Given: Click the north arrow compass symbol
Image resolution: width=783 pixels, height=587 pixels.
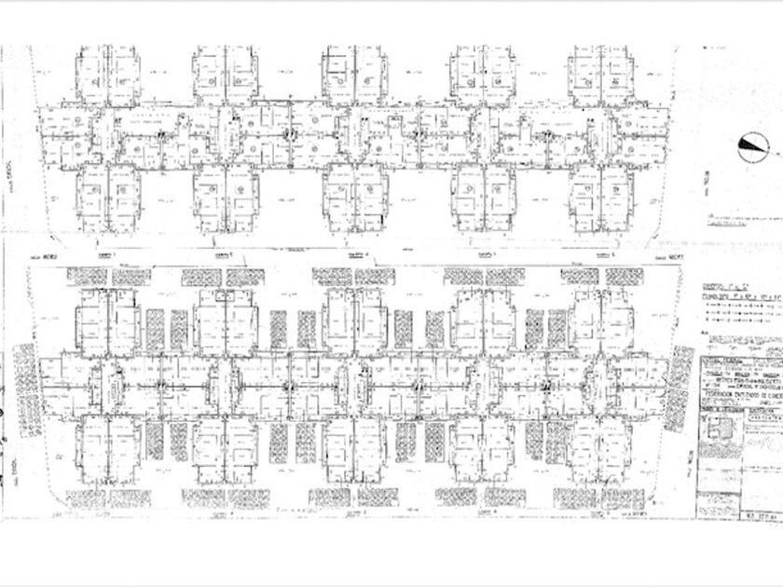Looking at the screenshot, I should coord(753,144).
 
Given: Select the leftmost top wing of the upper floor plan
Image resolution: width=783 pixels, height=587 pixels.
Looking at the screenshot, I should coord(108,74).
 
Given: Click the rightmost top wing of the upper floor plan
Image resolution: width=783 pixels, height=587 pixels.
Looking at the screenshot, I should coord(601,74).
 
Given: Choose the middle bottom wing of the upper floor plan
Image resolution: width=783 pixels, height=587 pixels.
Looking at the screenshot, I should coord(354,198).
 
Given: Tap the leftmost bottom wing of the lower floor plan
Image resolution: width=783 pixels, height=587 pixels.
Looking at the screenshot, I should coord(109,451).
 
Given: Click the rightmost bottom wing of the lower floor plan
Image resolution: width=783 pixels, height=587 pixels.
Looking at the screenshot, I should coord(601,451).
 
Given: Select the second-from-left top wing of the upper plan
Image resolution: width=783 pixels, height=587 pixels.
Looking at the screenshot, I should coord(226,74).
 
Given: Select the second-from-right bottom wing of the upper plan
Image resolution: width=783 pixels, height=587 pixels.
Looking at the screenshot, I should coord(482,198).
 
